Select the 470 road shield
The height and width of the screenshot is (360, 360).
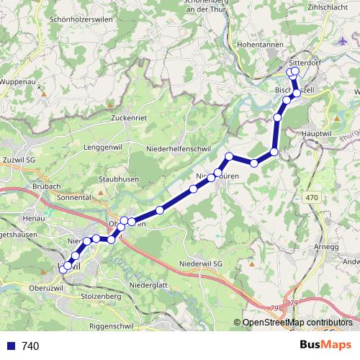click(311, 197)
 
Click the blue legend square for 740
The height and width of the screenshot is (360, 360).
click(9, 346)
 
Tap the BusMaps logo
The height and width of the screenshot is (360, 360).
click(322, 346)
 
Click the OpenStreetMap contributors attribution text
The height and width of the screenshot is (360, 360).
click(297, 323)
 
